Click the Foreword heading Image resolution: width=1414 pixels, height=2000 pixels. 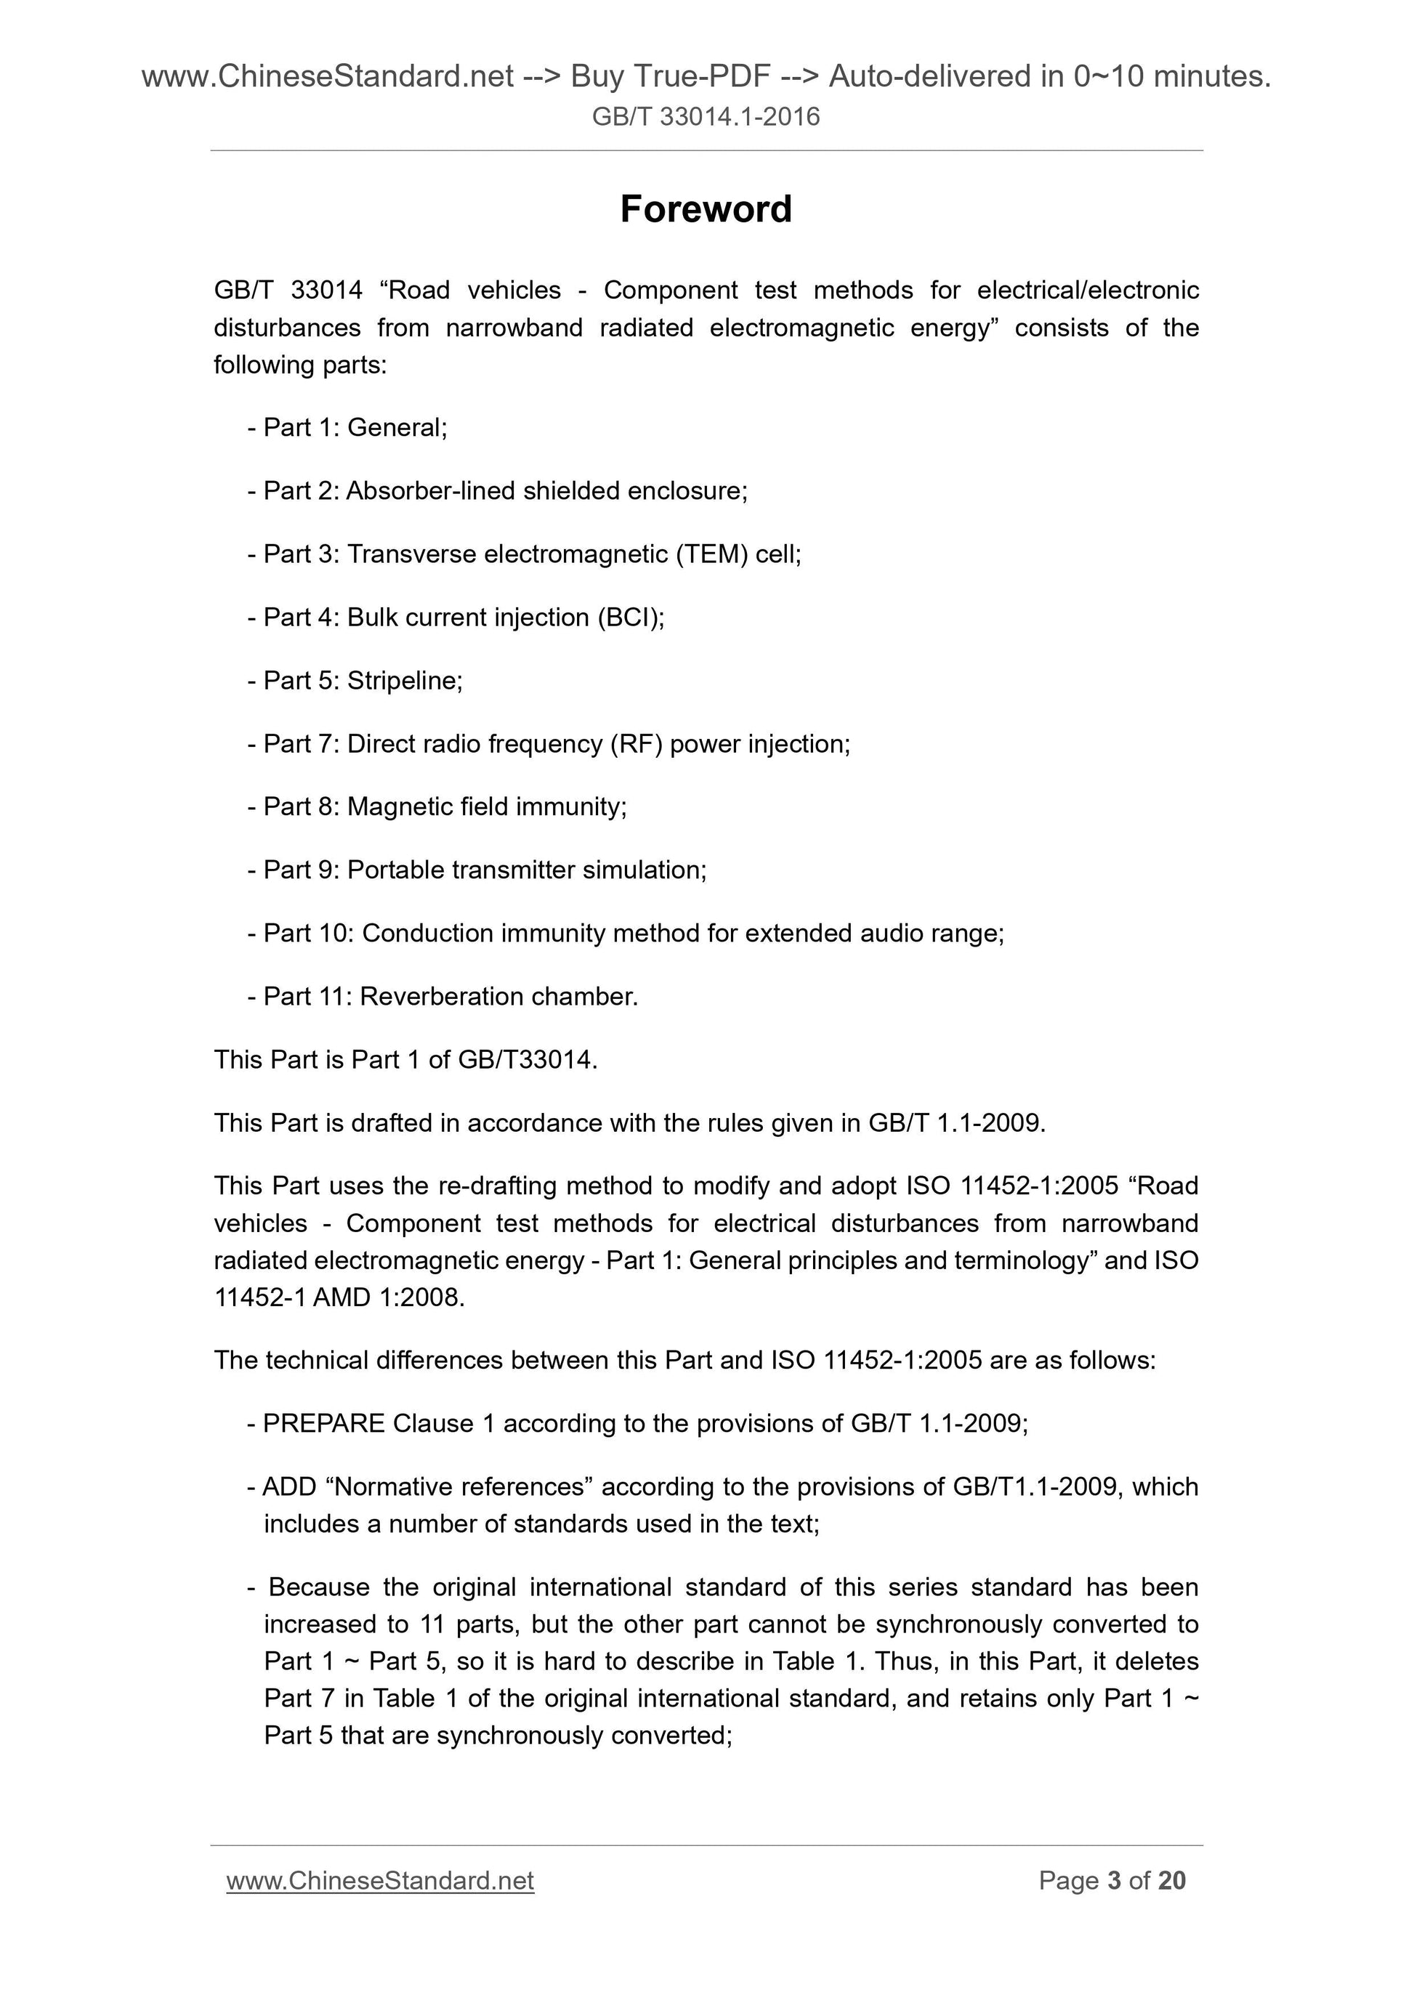click(706, 209)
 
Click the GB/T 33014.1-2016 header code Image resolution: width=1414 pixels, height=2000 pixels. click(706, 117)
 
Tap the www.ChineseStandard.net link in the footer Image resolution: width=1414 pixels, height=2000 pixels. click(380, 1881)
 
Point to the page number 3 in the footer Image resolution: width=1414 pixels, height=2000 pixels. click(1113, 1881)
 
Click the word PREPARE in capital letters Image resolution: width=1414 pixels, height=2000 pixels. click(324, 1423)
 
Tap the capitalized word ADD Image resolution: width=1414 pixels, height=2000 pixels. click(289, 1486)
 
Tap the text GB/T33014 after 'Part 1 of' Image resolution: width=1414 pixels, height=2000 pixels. click(526, 1060)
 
